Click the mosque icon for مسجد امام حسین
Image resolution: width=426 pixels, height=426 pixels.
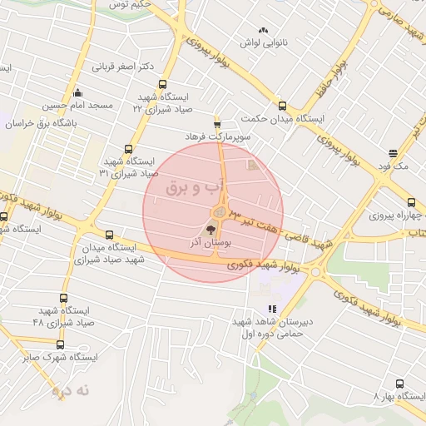[x=77, y=92]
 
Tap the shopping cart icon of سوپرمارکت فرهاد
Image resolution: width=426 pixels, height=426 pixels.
[x=217, y=121]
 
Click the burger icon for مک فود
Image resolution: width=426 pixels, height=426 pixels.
[x=392, y=153]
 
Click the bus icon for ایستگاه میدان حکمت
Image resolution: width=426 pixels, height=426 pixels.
[x=282, y=106]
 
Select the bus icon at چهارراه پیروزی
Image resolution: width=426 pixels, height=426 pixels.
[x=411, y=202]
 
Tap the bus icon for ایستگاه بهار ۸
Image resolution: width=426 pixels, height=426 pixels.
[x=400, y=384]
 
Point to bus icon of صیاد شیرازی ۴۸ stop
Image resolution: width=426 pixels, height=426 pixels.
[x=64, y=298]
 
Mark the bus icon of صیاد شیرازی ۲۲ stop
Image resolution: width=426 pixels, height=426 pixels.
[x=161, y=84]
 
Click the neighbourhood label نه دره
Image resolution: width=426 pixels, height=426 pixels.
[x=70, y=389]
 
